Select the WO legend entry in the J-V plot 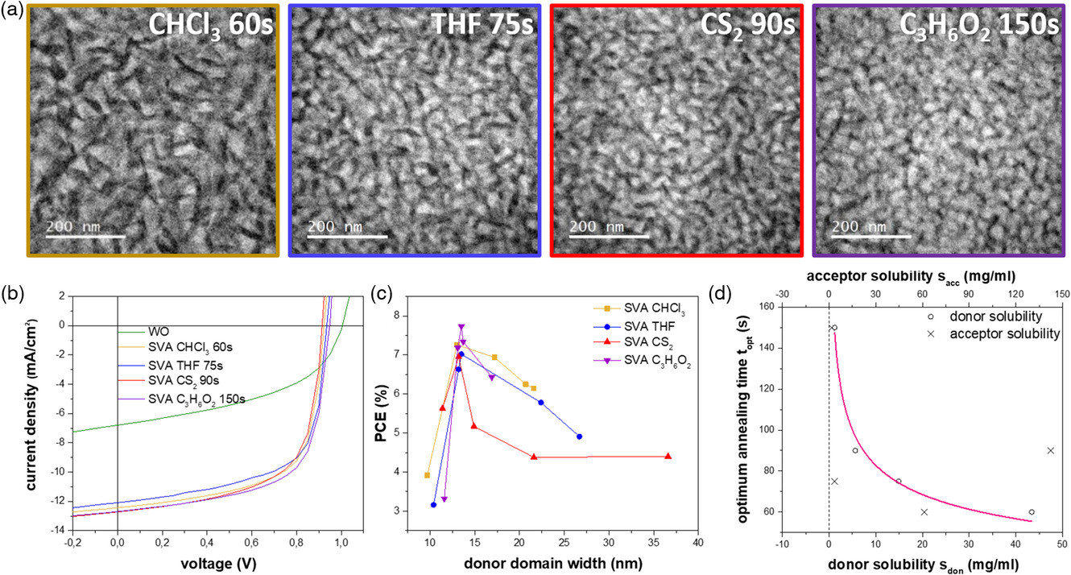pyautogui.click(x=157, y=331)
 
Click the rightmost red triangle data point pyautogui.click(x=668, y=456)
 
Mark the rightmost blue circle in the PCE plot pyautogui.click(x=580, y=436)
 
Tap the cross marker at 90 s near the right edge pyautogui.click(x=1050, y=450)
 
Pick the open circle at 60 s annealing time pyautogui.click(x=1032, y=512)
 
